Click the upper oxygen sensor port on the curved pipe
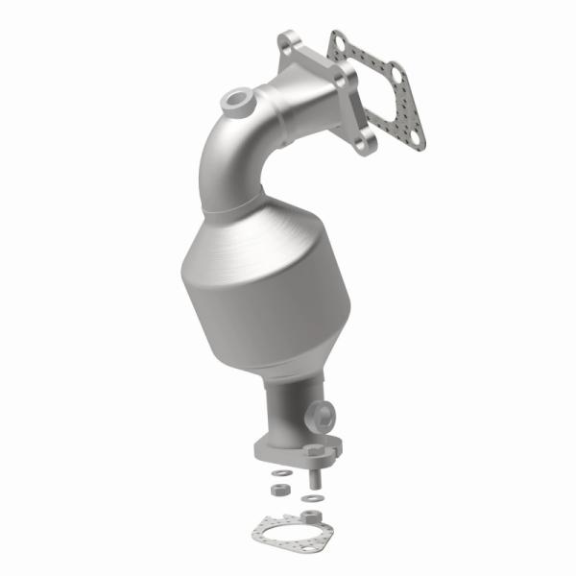[x=235, y=99]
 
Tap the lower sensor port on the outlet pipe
[x=324, y=415]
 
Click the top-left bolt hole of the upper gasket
[x=338, y=40]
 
